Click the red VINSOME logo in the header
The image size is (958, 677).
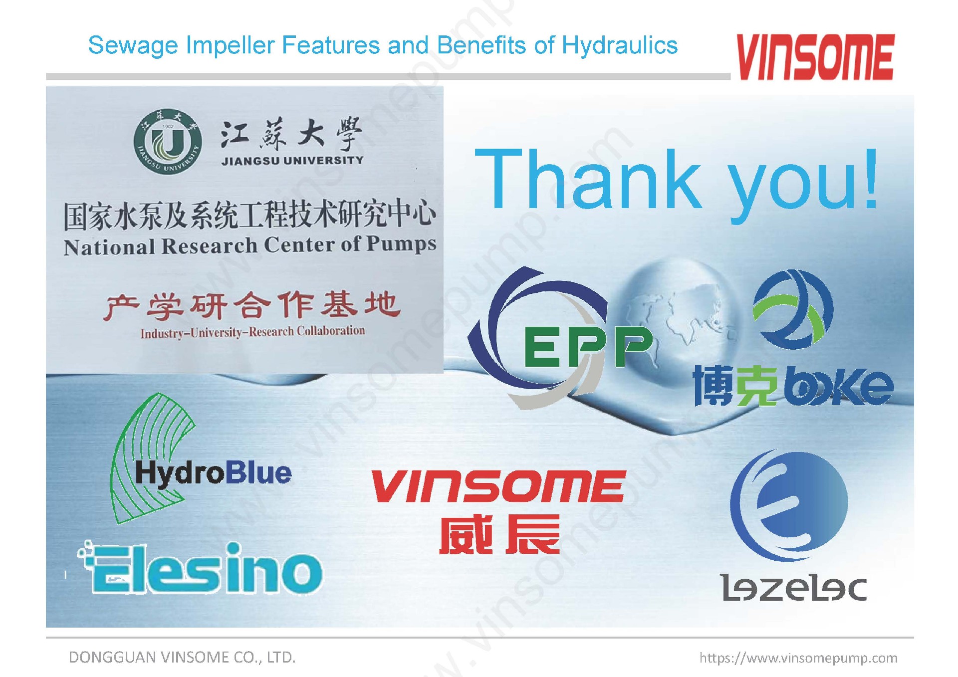815,57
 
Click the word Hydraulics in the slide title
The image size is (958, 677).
620,45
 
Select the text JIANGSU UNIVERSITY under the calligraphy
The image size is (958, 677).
292,161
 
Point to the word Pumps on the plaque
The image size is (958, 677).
402,244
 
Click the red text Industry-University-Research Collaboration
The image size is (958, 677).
252,332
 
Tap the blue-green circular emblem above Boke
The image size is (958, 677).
793,309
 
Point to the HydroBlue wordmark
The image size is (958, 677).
214,473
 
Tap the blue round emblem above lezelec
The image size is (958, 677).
789,505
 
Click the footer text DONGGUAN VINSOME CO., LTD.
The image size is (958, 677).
182,657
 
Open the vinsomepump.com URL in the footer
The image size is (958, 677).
798,658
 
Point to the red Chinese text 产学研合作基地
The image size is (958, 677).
252,305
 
